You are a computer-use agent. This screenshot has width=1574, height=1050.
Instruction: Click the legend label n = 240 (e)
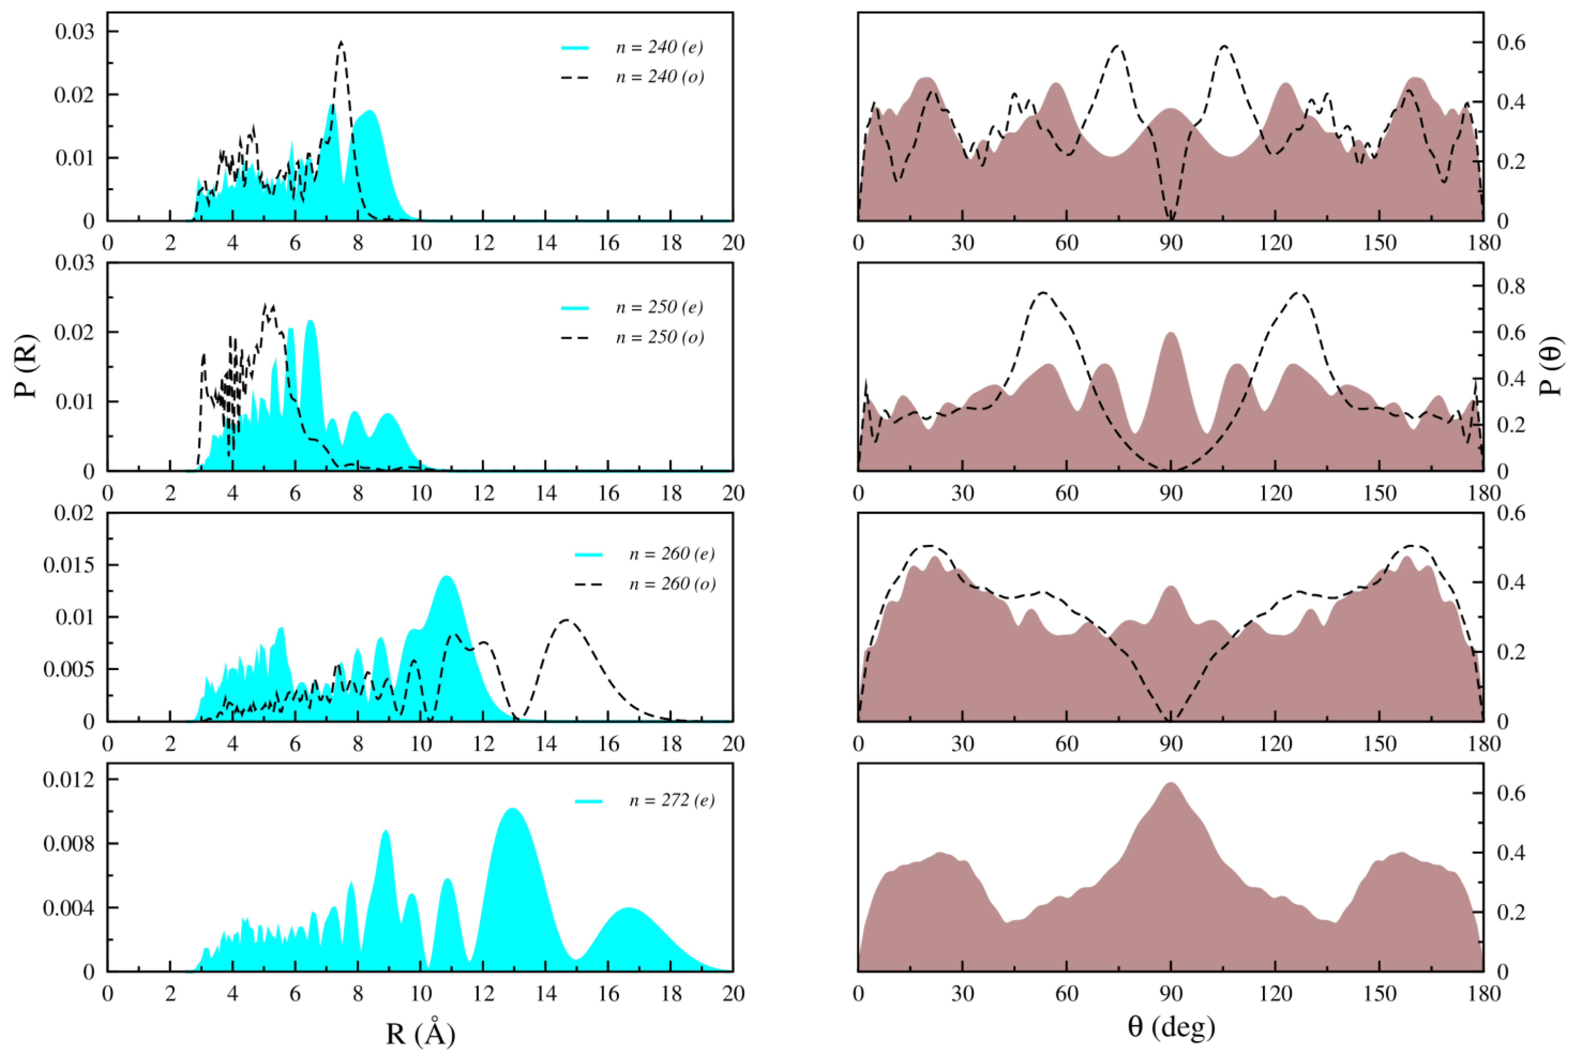point(659,47)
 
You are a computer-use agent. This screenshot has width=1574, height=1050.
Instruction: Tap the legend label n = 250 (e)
point(659,307)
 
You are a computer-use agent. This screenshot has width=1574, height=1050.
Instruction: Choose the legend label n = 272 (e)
point(672,801)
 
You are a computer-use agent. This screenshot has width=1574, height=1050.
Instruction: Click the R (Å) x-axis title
point(420,1033)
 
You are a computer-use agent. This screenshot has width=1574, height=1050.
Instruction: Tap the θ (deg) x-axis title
point(1171,1026)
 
